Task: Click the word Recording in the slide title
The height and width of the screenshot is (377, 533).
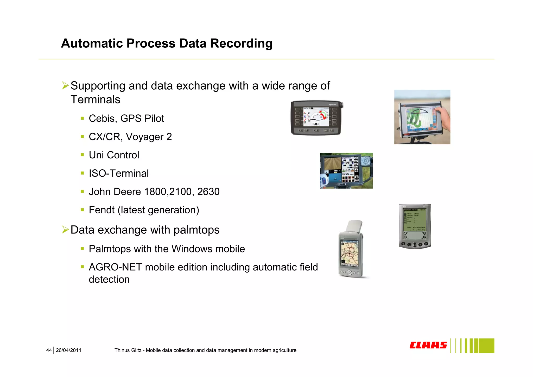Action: pyautogui.click(x=241, y=44)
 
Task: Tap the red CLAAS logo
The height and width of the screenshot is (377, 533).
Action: pyautogui.click(x=428, y=345)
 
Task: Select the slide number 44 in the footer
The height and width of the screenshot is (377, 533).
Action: pyautogui.click(x=49, y=350)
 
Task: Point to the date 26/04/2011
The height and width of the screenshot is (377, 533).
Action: pyautogui.click(x=68, y=350)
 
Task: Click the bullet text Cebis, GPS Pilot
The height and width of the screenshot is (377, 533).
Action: pyautogui.click(x=126, y=119)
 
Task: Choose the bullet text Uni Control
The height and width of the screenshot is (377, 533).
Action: pyautogui.click(x=114, y=155)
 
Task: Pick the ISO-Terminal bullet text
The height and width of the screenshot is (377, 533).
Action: pyautogui.click(x=119, y=173)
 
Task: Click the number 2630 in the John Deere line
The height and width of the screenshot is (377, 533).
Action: pyautogui.click(x=208, y=192)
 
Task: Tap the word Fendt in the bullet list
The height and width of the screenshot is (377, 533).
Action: pyautogui.click(x=101, y=210)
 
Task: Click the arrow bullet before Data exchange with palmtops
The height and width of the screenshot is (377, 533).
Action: pyautogui.click(x=65, y=230)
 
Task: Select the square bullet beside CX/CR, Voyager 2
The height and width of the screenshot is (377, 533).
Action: pyautogui.click(x=82, y=137)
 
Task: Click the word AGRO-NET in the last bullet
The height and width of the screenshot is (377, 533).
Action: pyautogui.click(x=115, y=267)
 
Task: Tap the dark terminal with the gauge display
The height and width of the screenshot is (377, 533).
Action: pyautogui.click(x=316, y=118)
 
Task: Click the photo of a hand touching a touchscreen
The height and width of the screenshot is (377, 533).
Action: pyautogui.click(x=422, y=117)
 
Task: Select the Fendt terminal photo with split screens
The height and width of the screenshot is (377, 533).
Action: pyautogui.click(x=346, y=171)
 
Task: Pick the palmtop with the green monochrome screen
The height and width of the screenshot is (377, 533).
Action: pyautogui.click(x=415, y=226)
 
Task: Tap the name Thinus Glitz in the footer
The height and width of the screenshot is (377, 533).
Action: pyautogui.click(x=128, y=350)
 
